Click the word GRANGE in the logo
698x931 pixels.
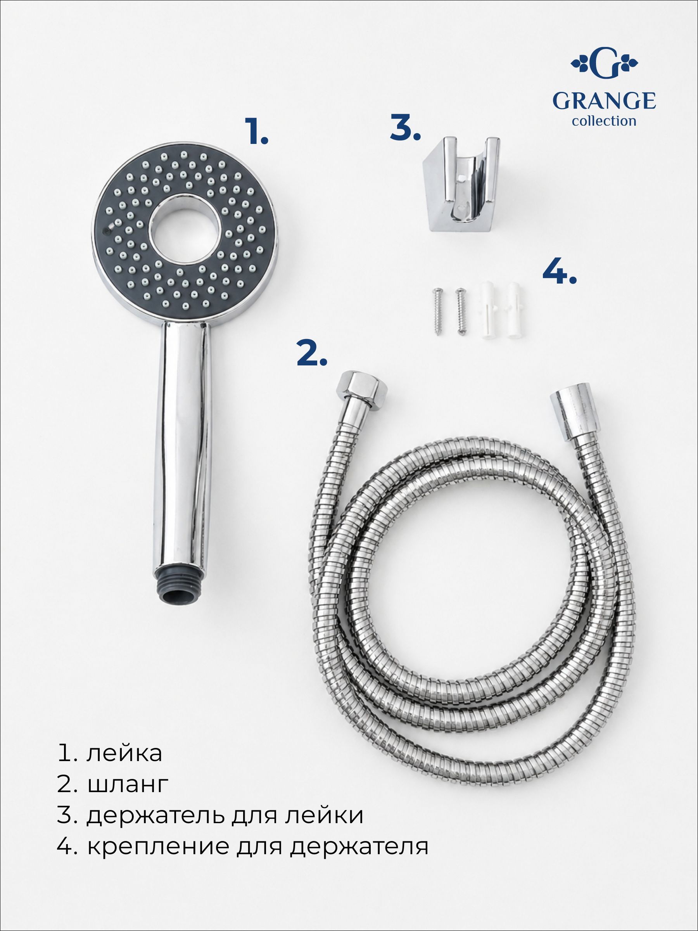[604, 101]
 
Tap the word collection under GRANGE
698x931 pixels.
[604, 121]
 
